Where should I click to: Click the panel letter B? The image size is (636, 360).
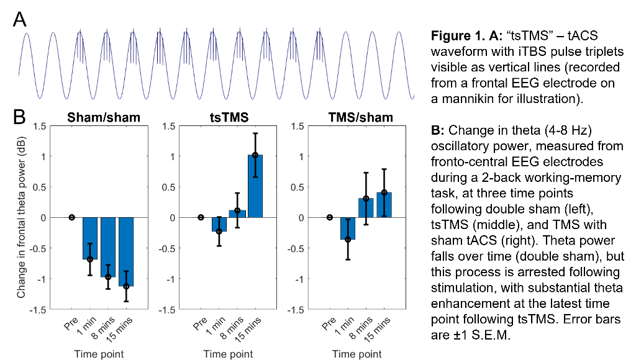click(19, 116)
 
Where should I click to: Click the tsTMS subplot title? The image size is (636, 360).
click(228, 118)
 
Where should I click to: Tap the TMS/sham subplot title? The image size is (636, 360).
click(358, 118)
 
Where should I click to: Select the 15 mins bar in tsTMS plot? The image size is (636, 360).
click(255, 186)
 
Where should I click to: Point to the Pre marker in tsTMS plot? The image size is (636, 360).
click(200, 217)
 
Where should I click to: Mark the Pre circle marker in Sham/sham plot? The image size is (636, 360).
click(71, 217)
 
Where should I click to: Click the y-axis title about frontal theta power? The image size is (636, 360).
click(22, 217)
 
